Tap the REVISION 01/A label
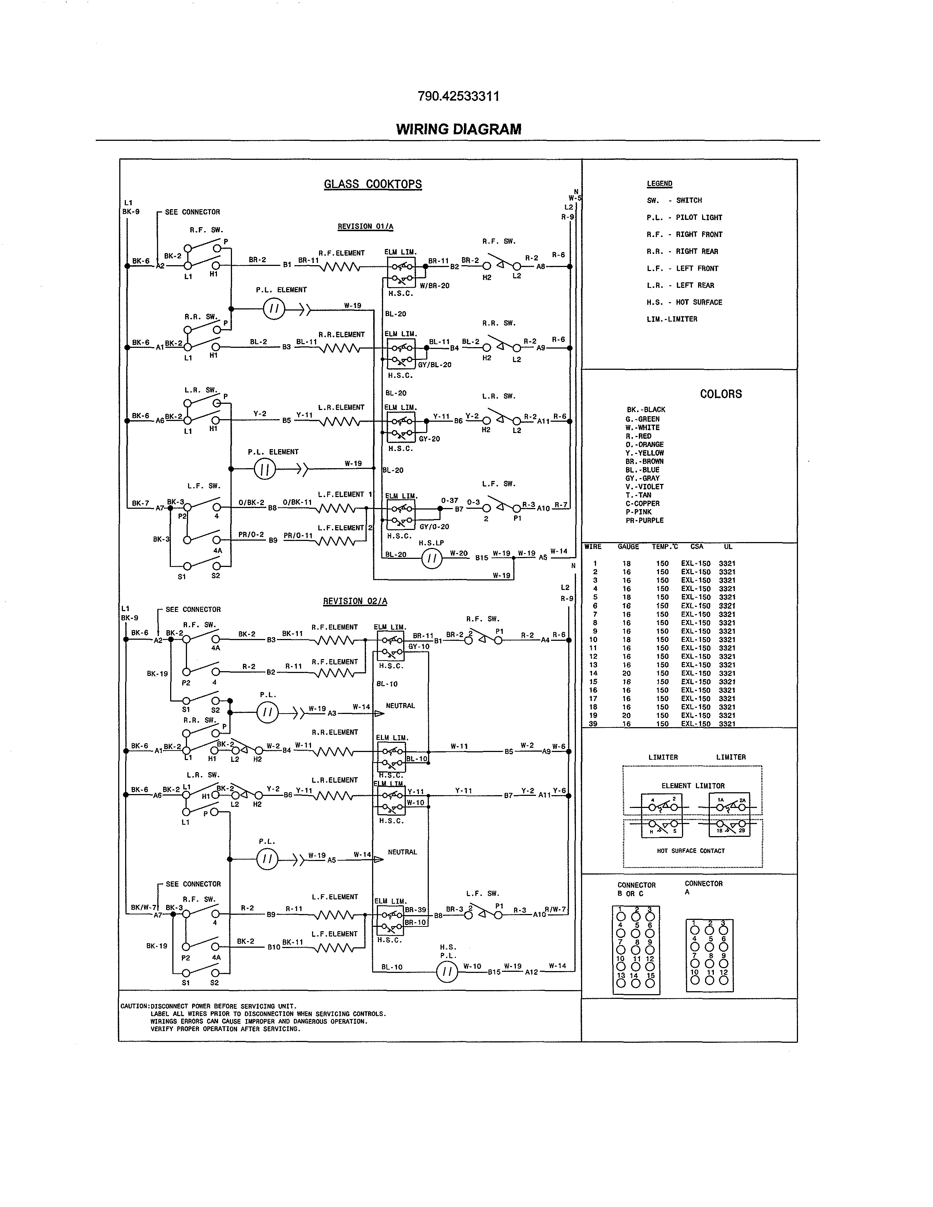[366, 227]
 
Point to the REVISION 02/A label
[355, 601]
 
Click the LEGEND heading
[659, 184]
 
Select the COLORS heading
[721, 394]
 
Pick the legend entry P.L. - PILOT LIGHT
[684, 218]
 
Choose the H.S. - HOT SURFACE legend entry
[684, 302]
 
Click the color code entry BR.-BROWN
[644, 462]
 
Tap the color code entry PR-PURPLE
[644, 520]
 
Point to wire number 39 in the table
[593, 724]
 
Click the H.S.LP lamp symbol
[432, 559]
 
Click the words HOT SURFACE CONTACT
[690, 851]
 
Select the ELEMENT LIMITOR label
[693, 786]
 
